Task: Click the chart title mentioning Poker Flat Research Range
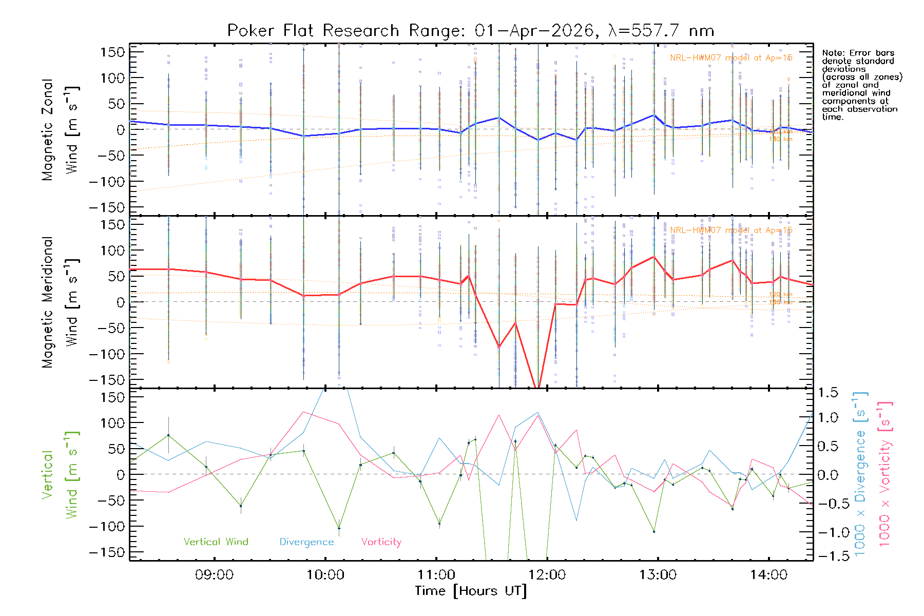pyautogui.click(x=470, y=31)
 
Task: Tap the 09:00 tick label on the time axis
pyautogui.click(x=214, y=575)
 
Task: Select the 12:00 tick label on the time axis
pyautogui.click(x=547, y=575)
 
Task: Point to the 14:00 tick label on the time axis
pyautogui.click(x=768, y=575)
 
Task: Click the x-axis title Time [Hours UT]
pyautogui.click(x=471, y=591)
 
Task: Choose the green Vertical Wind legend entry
pyautogui.click(x=216, y=542)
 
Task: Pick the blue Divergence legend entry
pyautogui.click(x=306, y=542)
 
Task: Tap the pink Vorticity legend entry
pyautogui.click(x=381, y=542)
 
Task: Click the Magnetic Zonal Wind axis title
pyautogui.click(x=60, y=129)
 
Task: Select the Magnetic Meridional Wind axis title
pyautogui.click(x=60, y=302)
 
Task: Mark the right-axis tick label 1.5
pyautogui.click(x=827, y=393)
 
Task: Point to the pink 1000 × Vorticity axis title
pyautogui.click(x=884, y=474)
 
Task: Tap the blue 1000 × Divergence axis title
pyautogui.click(x=860, y=474)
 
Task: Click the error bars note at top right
pyautogui.click(x=861, y=85)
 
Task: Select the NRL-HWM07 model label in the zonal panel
pyautogui.click(x=731, y=58)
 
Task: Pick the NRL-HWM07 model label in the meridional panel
pyautogui.click(x=731, y=230)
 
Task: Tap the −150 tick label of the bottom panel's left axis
pyautogui.click(x=107, y=552)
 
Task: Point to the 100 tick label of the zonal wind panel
pyautogui.click(x=113, y=78)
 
